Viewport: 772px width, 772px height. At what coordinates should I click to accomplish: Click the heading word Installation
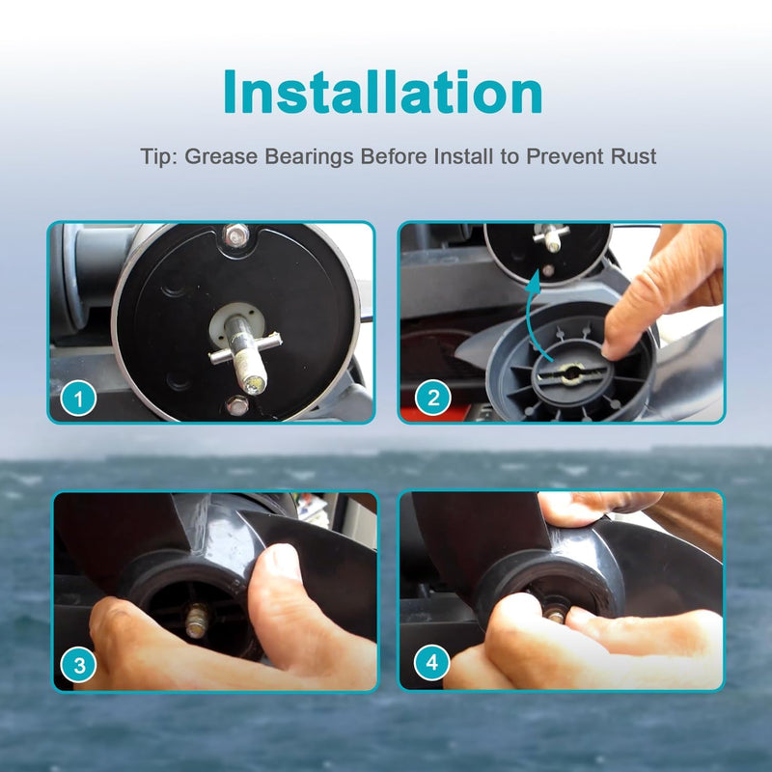point(382,92)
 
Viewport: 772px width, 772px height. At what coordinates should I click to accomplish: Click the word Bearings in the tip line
point(309,157)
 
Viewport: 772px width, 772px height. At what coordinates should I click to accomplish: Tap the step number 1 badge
point(78,398)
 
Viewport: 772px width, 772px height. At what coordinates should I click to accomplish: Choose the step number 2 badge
point(432,398)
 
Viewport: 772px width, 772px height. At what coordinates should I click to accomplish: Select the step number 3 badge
point(79,665)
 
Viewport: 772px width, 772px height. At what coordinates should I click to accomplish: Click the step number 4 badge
point(431,662)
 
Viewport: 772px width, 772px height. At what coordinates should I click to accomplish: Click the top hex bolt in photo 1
point(236,235)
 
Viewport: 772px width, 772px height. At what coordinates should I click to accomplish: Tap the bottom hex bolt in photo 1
point(237,405)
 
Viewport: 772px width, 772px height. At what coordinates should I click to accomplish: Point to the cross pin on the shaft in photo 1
point(245,348)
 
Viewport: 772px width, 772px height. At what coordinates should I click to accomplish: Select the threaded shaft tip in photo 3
point(197,621)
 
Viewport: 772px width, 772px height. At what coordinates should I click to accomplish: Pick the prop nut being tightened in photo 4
point(557,616)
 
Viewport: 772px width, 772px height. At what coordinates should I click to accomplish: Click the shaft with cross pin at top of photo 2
point(551,237)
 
